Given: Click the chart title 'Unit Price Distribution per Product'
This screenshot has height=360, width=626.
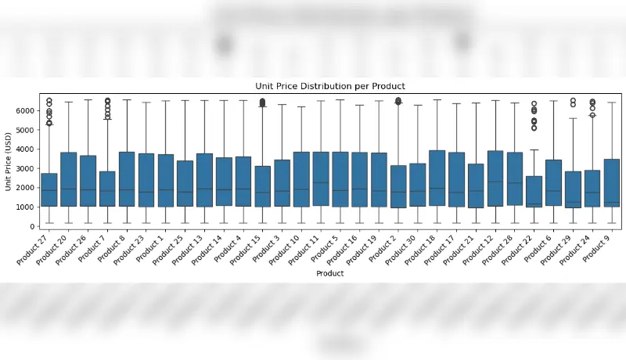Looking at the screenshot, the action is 330,86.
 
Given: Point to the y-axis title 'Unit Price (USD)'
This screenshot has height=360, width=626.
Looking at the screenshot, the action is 8,162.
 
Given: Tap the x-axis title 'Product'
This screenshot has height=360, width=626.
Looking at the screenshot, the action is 329,273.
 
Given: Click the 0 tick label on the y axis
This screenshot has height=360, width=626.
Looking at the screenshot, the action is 32,227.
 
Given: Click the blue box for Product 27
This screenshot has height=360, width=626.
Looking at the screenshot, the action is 49,190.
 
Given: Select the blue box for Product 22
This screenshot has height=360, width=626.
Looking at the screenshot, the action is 534,192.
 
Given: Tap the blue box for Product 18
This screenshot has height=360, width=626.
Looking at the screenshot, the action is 437,178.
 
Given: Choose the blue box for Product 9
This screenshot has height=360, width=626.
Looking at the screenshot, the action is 612,183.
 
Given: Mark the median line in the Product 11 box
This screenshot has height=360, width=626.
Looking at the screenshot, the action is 321,183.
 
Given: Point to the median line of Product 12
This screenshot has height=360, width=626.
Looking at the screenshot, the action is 495,182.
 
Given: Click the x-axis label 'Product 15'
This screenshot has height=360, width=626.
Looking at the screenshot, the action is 246,250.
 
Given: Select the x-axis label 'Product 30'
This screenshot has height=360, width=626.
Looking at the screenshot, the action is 401,250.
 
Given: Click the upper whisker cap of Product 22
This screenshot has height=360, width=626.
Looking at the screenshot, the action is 534,150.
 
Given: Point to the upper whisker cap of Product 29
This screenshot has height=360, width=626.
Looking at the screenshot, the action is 573,118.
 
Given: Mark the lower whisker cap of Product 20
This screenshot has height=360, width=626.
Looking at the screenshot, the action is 69,223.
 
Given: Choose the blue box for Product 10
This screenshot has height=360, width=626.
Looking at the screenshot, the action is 301,179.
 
